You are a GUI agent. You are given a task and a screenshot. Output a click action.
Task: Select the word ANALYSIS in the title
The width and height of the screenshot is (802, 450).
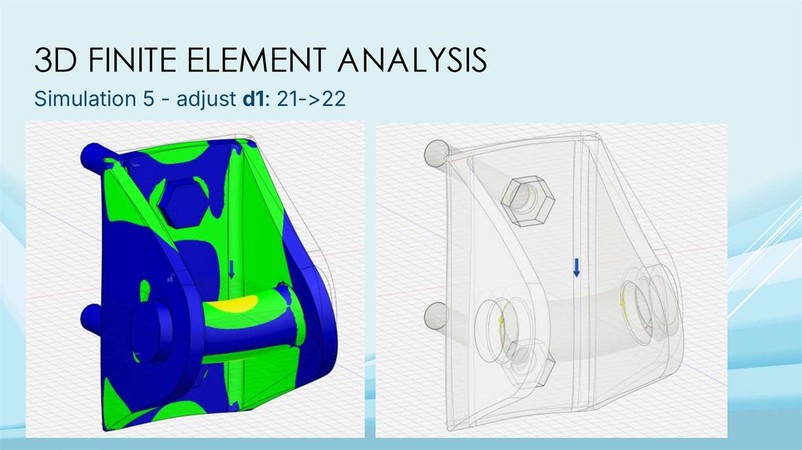pos(412,60)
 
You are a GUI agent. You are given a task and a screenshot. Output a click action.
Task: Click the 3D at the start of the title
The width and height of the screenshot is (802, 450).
pos(56,60)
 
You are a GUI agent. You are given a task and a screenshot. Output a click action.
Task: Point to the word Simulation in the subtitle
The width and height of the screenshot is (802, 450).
pos(81,98)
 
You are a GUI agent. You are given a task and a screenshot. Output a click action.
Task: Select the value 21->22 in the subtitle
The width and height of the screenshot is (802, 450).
pos(311,98)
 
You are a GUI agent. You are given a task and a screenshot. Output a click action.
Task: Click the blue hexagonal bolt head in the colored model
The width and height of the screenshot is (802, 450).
pos(183,201)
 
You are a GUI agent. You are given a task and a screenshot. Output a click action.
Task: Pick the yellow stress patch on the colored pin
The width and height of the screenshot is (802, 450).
pos(233,304)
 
